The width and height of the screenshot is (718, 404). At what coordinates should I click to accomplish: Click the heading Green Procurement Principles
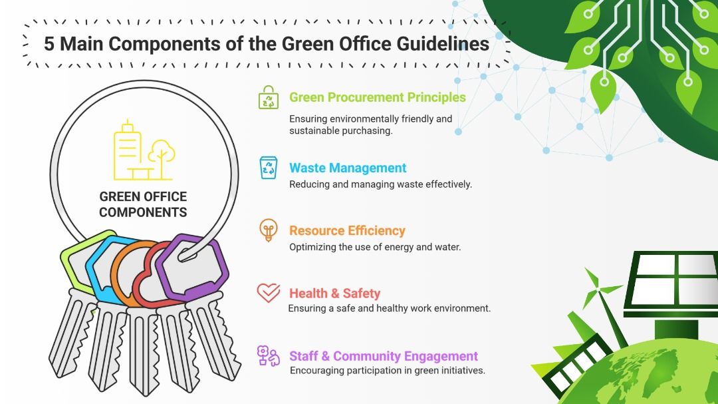click(x=378, y=97)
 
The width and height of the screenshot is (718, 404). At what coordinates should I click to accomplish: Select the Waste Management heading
click(x=348, y=168)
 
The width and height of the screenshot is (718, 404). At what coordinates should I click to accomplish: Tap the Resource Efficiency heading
click(x=347, y=231)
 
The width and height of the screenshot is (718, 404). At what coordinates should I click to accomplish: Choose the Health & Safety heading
click(x=334, y=293)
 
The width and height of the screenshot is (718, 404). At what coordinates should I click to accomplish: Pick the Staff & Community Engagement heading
click(x=384, y=356)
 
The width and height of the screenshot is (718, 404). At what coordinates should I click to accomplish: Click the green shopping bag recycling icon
click(x=269, y=97)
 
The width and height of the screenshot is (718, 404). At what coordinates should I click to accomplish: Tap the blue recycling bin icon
click(x=269, y=167)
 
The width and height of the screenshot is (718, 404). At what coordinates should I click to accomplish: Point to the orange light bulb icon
click(x=269, y=230)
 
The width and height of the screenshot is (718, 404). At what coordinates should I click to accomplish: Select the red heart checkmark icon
click(x=269, y=293)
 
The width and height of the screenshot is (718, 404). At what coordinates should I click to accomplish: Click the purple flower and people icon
click(x=269, y=355)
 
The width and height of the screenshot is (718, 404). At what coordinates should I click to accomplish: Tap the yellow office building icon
click(x=144, y=150)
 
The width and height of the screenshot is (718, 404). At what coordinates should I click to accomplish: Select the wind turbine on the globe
click(x=604, y=305)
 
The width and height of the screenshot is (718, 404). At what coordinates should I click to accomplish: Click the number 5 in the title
click(x=49, y=44)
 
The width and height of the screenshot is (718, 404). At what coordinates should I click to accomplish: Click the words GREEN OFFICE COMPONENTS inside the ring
click(x=143, y=204)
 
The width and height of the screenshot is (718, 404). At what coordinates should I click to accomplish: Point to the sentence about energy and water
click(x=375, y=247)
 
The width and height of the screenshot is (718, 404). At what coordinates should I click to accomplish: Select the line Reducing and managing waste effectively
click(x=380, y=184)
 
